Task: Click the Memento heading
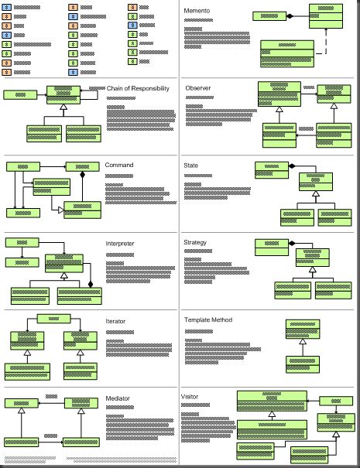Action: pyautogui.click(x=197, y=10)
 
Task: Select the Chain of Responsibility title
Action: pyautogui.click(x=138, y=88)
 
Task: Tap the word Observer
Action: pyautogui.click(x=198, y=88)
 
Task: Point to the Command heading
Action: pyautogui.click(x=119, y=165)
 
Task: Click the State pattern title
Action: pyautogui.click(x=191, y=166)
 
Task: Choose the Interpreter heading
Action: pyautogui.click(x=120, y=243)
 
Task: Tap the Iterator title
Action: pyautogui.click(x=115, y=320)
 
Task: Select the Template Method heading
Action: pyautogui.click(x=207, y=319)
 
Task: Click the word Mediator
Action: pyautogui.click(x=118, y=398)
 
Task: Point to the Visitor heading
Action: pyautogui.click(x=190, y=397)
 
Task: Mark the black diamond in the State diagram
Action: pyautogui.click(x=292, y=166)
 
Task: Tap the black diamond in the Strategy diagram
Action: pyautogui.click(x=292, y=243)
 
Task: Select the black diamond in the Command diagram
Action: pyautogui.click(x=81, y=177)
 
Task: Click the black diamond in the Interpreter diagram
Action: pyautogui.click(x=91, y=285)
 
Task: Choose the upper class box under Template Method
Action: pyautogui.click(x=302, y=329)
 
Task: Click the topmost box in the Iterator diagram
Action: pyautogui.click(x=53, y=318)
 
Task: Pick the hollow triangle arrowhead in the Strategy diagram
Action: pyautogui.click(x=313, y=271)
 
